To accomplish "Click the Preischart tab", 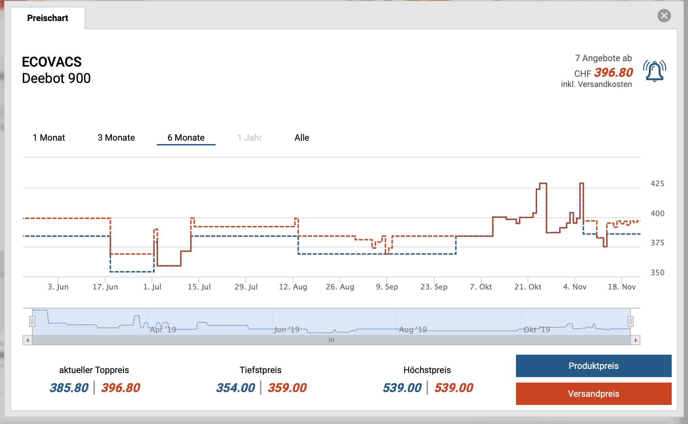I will point(48,18).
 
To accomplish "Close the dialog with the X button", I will point(664,16).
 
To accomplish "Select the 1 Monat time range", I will point(49,138).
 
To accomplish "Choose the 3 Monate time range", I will point(116,138).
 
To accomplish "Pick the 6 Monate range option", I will point(186,138).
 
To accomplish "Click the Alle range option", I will point(302,138).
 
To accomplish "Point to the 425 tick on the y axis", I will point(657,183).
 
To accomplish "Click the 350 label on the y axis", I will point(657,272).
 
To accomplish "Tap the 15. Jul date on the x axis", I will point(199,287).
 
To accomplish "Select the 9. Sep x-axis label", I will point(387,287).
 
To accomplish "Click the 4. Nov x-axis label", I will point(574,287).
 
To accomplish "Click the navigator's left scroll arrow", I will point(28,340).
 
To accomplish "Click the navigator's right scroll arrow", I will point(635,340).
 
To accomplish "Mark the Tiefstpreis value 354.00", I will point(236,388).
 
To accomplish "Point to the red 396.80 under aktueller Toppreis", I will point(121,388).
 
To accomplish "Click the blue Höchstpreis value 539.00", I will point(402,388).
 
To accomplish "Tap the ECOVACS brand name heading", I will point(52,62).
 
